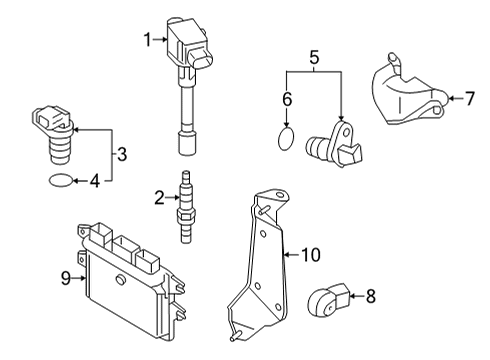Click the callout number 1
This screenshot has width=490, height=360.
point(148,40)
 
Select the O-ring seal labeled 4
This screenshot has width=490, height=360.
point(60,181)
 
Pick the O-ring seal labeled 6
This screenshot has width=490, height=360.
point(286,139)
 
